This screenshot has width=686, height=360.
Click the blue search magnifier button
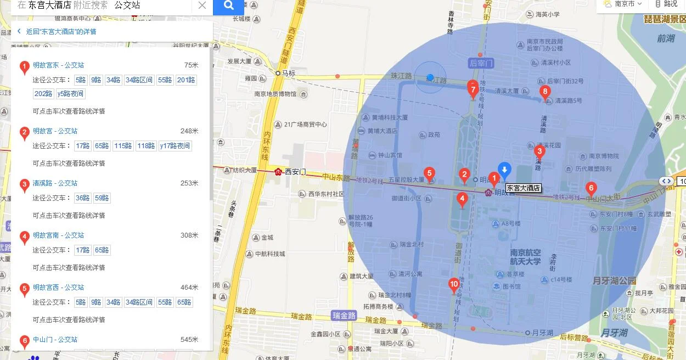(228, 6)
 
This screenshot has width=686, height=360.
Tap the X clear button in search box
(202, 5)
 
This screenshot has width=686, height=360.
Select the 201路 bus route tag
(186, 80)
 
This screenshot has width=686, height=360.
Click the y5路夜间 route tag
(71, 94)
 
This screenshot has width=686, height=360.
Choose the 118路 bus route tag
(146, 146)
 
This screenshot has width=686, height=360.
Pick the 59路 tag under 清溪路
(102, 198)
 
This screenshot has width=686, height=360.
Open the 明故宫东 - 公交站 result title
(58, 65)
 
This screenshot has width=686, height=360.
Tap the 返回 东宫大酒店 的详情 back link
(60, 31)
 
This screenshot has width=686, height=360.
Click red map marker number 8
(545, 92)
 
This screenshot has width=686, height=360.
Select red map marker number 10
(454, 284)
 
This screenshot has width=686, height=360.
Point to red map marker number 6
(591, 188)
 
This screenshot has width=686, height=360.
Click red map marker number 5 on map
(430, 173)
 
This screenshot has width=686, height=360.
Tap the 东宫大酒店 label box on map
(523, 188)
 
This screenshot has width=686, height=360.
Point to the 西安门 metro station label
(295, 172)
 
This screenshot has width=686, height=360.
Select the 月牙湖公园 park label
(614, 281)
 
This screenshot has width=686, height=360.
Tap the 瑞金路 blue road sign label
(344, 316)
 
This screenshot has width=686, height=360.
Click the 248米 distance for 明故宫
(189, 131)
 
